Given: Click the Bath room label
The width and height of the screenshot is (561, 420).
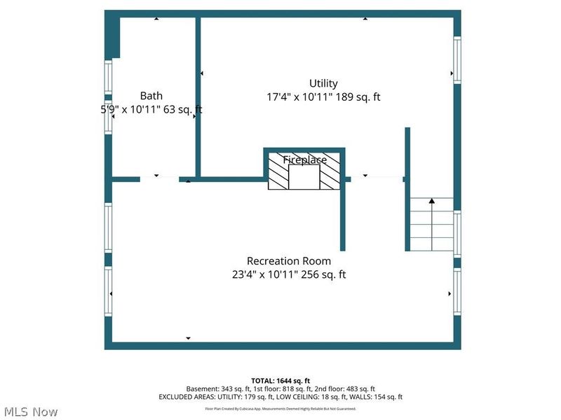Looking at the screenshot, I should click(151, 96).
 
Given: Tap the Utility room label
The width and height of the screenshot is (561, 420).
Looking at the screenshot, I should click(323, 83).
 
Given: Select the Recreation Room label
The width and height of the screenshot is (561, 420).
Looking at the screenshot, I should click(289, 261).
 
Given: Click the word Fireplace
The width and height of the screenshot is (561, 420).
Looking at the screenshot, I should click(304, 160).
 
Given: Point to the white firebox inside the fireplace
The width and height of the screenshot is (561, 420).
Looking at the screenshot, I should click(304, 178).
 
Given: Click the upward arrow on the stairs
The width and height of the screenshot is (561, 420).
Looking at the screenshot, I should click(432, 202).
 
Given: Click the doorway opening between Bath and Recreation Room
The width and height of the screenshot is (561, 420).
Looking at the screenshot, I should click(159, 179).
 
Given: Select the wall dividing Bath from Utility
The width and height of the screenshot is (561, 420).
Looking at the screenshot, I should click(198, 98).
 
